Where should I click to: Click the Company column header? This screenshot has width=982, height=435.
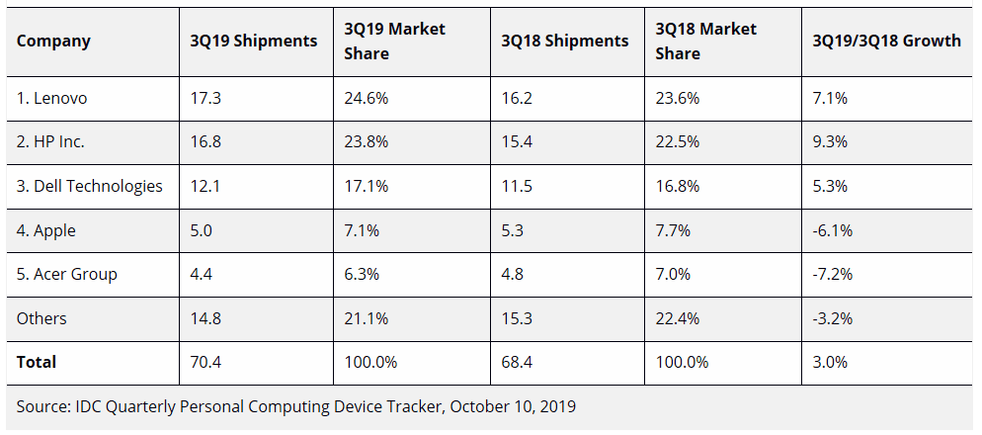53,41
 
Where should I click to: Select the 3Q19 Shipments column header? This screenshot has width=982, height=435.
254,41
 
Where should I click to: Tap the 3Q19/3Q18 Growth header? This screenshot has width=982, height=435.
886,41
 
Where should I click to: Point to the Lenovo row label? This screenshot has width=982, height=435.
51,98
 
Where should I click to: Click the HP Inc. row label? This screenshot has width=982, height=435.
50,141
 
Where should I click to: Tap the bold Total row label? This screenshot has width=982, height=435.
37,362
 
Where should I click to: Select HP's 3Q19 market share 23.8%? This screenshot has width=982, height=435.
366,141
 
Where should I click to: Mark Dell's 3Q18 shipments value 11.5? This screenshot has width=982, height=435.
516,186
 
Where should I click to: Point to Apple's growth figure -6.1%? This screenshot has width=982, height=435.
832,230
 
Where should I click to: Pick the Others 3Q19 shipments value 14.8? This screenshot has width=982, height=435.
205,318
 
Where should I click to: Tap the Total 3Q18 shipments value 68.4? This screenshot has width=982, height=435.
517,362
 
